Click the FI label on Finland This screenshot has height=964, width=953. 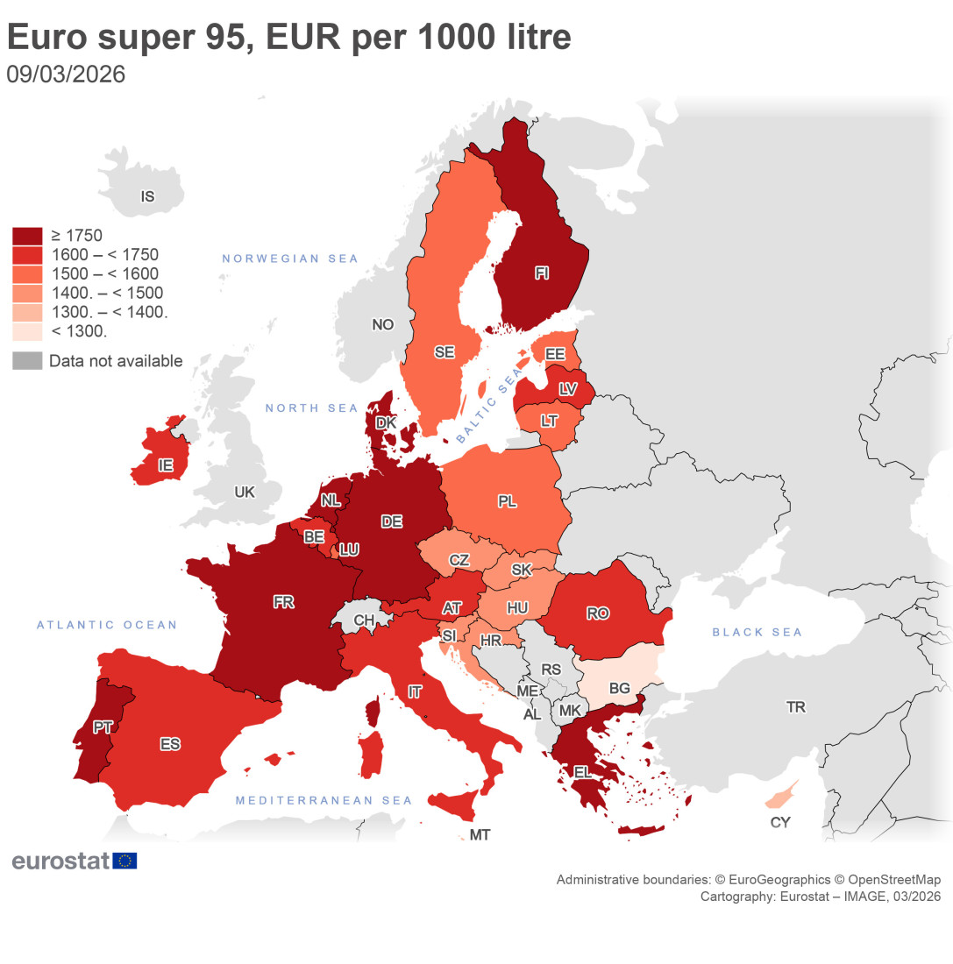(542, 273)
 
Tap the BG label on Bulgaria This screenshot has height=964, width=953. (619, 688)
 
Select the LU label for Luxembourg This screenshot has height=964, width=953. (349, 549)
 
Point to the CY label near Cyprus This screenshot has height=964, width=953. (779, 822)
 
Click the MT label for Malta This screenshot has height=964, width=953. (480, 835)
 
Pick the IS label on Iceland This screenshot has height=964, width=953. (147, 196)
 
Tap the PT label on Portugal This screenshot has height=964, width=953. (103, 727)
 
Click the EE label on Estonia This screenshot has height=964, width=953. (554, 354)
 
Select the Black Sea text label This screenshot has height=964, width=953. (757, 632)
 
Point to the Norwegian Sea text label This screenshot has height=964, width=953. (290, 259)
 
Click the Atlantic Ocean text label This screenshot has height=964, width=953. (107, 625)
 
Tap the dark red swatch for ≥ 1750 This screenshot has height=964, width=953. (27, 236)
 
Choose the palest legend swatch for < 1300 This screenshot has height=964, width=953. (27, 331)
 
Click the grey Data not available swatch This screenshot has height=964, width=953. (27, 361)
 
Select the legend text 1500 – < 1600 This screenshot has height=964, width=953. (106, 274)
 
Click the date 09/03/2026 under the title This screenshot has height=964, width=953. (66, 74)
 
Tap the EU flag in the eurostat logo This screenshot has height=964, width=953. (125, 861)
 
